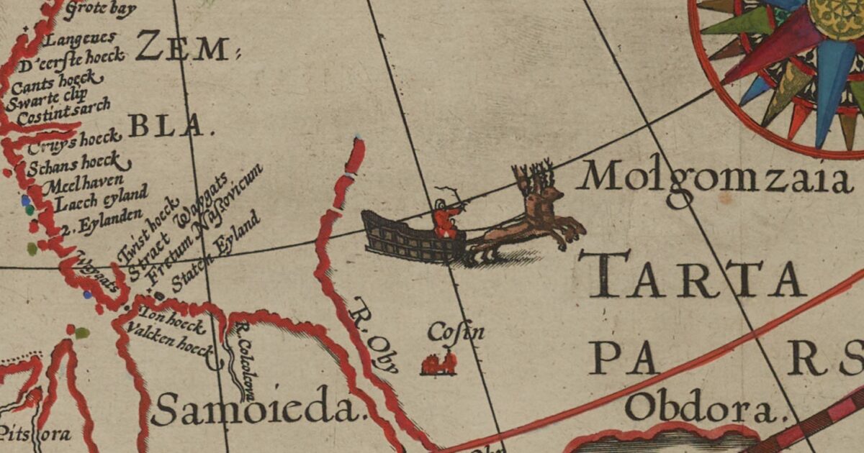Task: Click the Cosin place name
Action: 456,332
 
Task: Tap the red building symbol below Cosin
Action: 438,363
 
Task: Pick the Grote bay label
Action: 100,10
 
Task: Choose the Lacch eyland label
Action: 94,199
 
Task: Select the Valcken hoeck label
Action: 169,340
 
